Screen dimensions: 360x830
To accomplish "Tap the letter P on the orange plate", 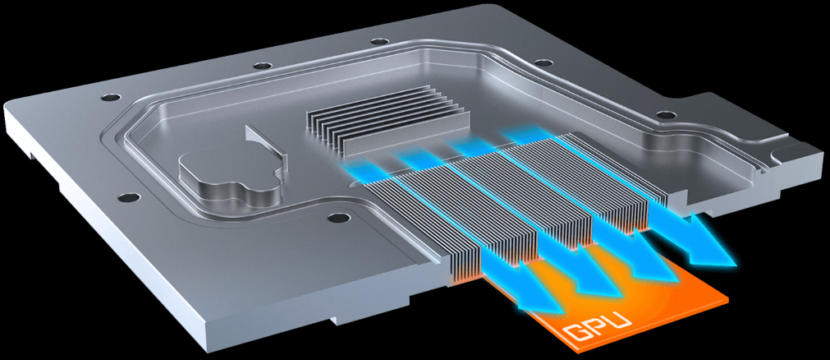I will pos(600,327).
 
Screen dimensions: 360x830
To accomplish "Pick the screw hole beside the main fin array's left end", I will pos(334,219).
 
